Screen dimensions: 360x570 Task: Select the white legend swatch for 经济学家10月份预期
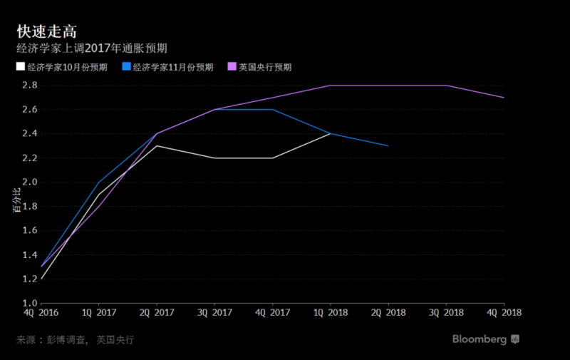[x=21, y=67]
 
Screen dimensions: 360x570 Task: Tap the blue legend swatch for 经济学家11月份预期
[x=126, y=67]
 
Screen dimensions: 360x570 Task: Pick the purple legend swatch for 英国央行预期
[x=232, y=67]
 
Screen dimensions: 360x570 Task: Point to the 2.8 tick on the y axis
[x=30, y=86]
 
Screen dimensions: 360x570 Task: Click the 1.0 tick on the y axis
[x=30, y=303]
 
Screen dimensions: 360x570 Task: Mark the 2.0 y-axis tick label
[x=30, y=182]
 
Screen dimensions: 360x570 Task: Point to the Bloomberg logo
[x=486, y=339]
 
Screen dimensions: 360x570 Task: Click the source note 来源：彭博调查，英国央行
[x=75, y=340]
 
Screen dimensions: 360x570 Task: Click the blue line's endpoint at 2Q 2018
[x=388, y=146]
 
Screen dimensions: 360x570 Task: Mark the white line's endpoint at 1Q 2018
[x=330, y=134]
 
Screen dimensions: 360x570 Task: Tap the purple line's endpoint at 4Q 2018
[x=504, y=98]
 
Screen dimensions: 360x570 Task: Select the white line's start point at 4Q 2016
[x=41, y=279]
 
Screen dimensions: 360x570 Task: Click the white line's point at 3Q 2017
[x=214, y=158]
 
